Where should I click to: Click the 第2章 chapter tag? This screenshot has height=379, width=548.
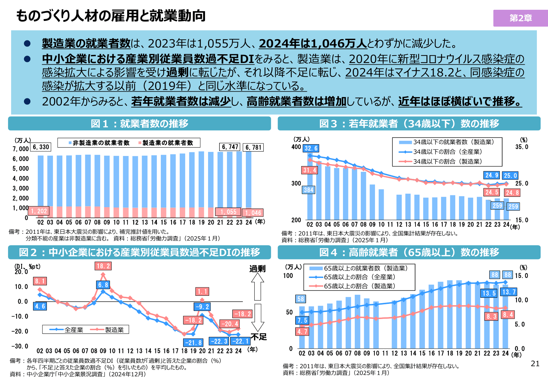point(520,18)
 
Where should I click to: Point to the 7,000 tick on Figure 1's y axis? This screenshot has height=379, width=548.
point(21,149)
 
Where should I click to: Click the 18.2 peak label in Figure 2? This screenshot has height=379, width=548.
point(103,266)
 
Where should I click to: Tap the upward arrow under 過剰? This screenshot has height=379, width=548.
point(258,286)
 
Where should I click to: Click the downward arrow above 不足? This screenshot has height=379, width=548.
point(258,317)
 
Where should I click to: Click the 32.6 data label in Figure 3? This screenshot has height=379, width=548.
point(311,148)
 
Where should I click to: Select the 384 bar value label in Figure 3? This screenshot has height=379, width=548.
point(308,190)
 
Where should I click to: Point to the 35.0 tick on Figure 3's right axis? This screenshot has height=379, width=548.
point(521,147)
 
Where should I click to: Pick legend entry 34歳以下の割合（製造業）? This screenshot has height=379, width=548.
point(448,161)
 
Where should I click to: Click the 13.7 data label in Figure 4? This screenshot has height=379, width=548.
point(509,292)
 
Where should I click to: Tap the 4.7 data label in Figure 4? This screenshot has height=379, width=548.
point(302,331)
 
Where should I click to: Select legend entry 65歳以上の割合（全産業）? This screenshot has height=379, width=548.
point(359,277)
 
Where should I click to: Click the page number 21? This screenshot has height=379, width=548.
point(535,364)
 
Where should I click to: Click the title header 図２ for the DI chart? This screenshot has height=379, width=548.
point(139,252)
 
